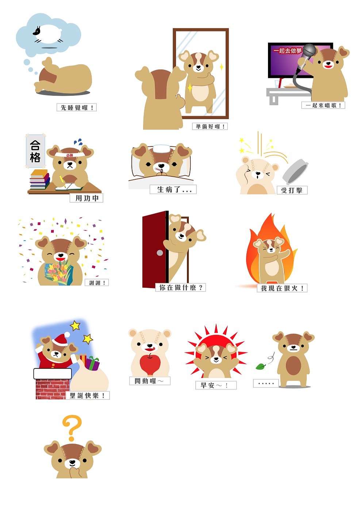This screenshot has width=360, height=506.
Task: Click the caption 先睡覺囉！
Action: pos(77,107)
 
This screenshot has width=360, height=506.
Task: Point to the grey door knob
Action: pos(160,253)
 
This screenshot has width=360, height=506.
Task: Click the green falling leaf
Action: pos(260,366)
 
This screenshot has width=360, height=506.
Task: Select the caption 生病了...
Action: pos(173,189)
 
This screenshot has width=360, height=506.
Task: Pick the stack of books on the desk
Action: pos(39,179)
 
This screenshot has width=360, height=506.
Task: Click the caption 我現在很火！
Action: pos(282,288)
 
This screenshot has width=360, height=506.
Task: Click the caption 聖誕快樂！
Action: pos(88,395)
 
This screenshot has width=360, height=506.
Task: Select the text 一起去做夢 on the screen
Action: pos(288,51)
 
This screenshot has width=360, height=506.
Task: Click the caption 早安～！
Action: pos(216,385)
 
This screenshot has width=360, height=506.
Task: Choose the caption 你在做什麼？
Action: pos(181,288)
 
